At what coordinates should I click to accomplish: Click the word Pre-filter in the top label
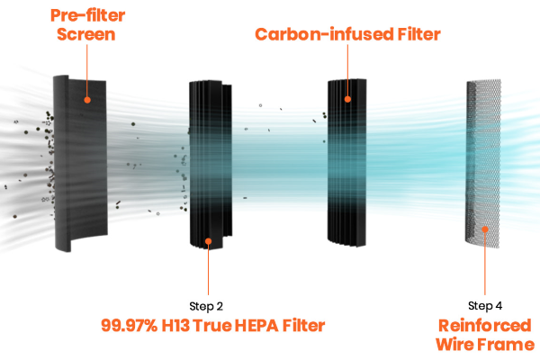click(x=87, y=15)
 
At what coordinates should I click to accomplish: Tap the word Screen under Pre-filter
click(x=86, y=34)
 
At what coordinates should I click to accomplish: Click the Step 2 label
click(x=206, y=306)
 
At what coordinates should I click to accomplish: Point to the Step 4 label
click(x=485, y=305)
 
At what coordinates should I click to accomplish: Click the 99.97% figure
click(x=129, y=326)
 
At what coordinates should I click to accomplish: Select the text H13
click(x=175, y=326)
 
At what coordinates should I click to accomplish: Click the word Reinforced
click(x=485, y=326)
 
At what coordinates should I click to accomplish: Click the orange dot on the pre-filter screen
click(x=87, y=100)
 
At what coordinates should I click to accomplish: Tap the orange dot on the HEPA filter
click(x=209, y=241)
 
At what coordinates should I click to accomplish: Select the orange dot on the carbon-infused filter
click(x=347, y=99)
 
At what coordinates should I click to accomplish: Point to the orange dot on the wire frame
click(x=485, y=229)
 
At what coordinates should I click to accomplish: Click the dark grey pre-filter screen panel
click(x=80, y=163)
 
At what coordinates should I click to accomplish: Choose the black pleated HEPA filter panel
click(x=211, y=165)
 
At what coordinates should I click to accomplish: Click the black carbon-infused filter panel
click(x=346, y=163)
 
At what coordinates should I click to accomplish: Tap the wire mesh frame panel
click(x=483, y=163)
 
